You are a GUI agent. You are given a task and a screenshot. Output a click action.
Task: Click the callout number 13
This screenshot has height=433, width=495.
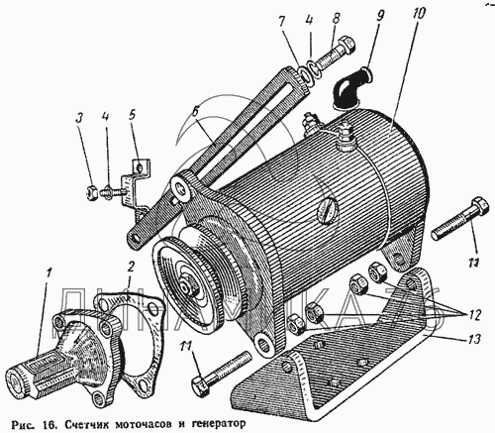(474, 339)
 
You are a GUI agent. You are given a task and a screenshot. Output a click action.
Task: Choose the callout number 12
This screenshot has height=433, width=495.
(473, 314)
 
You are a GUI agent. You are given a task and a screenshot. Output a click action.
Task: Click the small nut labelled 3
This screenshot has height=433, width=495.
(92, 193)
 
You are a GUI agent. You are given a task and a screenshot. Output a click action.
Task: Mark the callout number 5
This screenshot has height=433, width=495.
(132, 116)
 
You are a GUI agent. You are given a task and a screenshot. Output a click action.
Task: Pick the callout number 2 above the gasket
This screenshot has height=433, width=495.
(131, 267)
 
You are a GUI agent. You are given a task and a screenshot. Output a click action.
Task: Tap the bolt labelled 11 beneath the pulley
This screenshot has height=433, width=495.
(222, 373)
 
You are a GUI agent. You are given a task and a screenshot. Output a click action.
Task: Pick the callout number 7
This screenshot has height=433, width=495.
(281, 23)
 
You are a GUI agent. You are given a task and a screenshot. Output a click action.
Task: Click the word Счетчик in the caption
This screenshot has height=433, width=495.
(84, 423)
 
